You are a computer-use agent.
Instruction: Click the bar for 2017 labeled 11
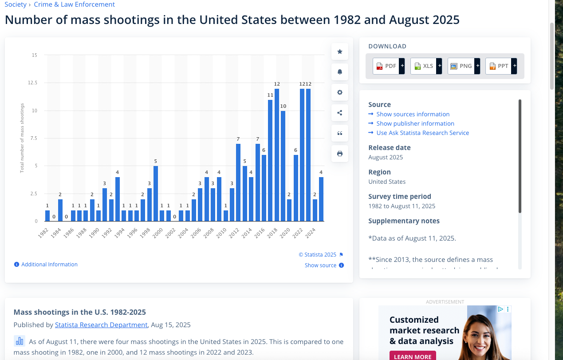(270, 160)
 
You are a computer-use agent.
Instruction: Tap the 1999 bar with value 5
(156, 193)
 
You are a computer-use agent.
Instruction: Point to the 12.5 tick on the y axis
(33, 83)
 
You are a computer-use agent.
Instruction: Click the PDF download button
(385, 66)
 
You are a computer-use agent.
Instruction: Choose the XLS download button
(423, 66)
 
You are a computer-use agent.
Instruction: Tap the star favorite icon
(340, 51)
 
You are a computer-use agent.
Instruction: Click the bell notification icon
(340, 72)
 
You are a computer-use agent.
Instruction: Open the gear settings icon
(340, 92)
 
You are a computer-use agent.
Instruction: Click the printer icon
(340, 154)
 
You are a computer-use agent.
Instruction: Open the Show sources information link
(413, 114)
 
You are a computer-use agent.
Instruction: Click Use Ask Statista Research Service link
(422, 133)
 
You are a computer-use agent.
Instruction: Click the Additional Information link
(49, 265)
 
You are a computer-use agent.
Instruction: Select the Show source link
(320, 265)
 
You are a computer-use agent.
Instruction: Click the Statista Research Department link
(101, 325)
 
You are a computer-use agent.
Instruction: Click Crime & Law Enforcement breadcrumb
(74, 4)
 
